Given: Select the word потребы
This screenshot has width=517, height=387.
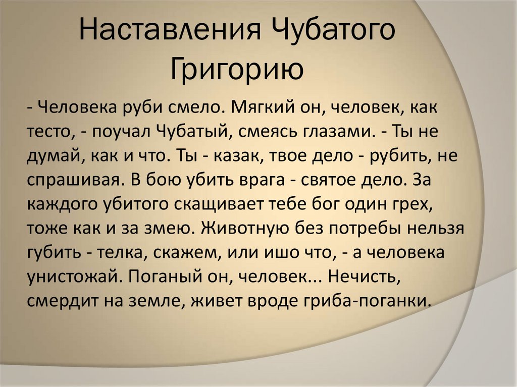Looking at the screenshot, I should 367,228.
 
